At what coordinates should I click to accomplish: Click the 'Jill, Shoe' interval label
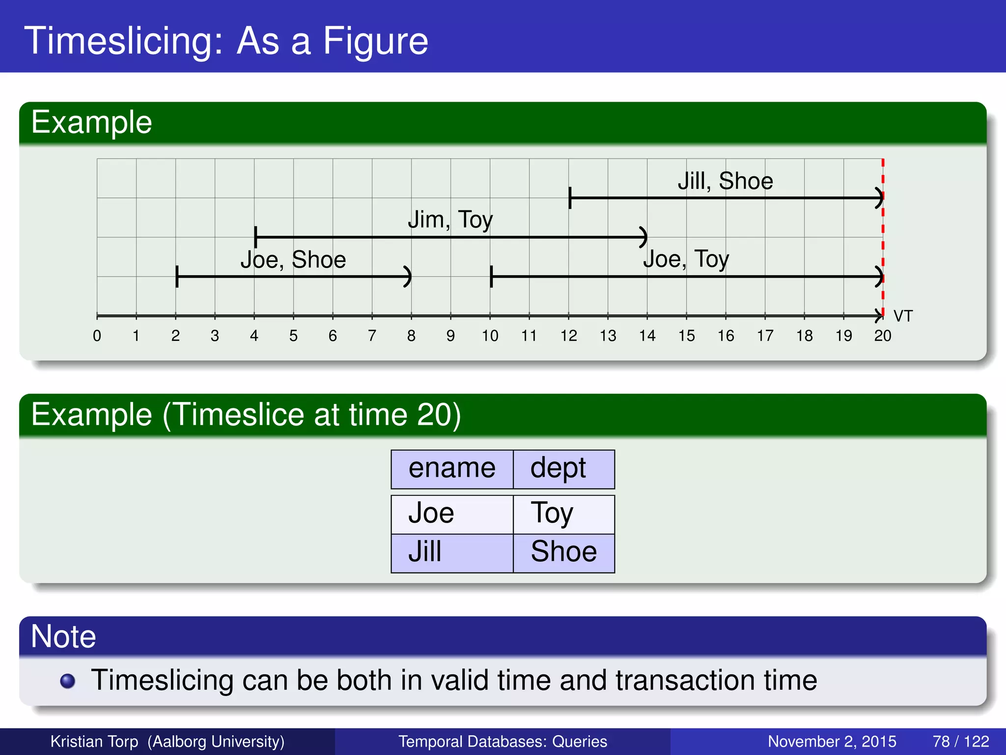coord(725,181)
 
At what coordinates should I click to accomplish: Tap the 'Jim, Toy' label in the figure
coord(450,220)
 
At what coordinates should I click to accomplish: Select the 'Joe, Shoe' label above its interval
coord(293,260)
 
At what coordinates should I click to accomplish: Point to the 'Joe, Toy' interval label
coord(686,259)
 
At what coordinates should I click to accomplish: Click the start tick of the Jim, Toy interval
coord(255,237)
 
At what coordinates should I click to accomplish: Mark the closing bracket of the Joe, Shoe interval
coord(408,277)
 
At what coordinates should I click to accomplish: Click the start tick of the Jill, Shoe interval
coord(570,198)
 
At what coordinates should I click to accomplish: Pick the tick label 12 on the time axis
coord(568,336)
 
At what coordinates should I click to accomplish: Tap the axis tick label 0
coord(97,336)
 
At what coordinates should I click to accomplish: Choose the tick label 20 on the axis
coord(882,336)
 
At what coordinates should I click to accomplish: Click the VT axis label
coord(903,316)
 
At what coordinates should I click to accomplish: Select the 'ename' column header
coord(452,468)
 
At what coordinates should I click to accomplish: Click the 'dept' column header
coord(558,468)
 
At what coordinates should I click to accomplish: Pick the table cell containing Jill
coord(425,552)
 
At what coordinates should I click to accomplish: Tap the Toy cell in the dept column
coord(552,514)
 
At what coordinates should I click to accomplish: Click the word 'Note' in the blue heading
coord(63,637)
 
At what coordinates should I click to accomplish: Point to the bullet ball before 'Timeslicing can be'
coord(67,681)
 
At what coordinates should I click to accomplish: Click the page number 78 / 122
coord(960,741)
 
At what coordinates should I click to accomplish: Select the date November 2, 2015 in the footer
coord(832,741)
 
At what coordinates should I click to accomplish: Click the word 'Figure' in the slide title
coord(375,41)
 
